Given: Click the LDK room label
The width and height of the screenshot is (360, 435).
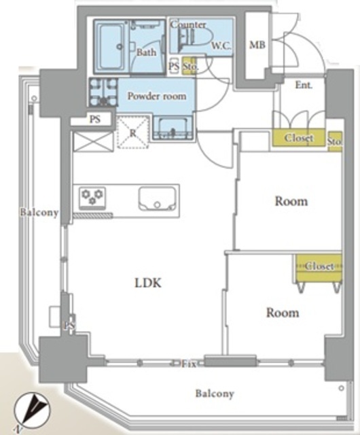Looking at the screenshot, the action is pyautogui.click(x=148, y=283).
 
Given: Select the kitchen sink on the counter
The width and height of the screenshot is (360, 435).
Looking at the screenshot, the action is pyautogui.click(x=158, y=198).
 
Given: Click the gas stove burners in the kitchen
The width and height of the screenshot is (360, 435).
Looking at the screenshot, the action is pyautogui.click(x=92, y=198).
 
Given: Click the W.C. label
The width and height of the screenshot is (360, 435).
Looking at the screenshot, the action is pyautogui.click(x=221, y=46).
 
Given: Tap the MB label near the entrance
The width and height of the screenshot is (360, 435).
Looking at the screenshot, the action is pyautogui.click(x=257, y=45).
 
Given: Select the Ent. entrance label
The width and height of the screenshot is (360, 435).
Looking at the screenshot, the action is pyautogui.click(x=304, y=85).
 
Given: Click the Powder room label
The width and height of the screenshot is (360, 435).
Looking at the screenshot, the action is pyautogui.click(x=157, y=96).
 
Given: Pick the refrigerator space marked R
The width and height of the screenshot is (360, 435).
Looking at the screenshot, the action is pyautogui.click(x=133, y=133).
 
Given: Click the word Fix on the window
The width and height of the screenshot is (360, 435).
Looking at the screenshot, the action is pyautogui.click(x=189, y=364).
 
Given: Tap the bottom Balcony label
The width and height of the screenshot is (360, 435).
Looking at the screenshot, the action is pyautogui.click(x=215, y=394).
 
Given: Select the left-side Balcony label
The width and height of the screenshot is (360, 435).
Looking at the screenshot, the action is pyautogui.click(x=39, y=213).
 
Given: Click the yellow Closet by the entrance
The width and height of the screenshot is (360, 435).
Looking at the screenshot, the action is pyautogui.click(x=298, y=138).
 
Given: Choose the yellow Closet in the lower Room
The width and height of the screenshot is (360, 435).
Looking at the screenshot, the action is pyautogui.click(x=319, y=268).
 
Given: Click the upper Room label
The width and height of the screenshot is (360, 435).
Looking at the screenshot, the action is pyautogui.click(x=291, y=201).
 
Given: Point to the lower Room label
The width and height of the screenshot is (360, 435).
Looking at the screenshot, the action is pyautogui.click(x=283, y=313).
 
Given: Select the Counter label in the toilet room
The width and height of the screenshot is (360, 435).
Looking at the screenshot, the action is pyautogui.click(x=187, y=24).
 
